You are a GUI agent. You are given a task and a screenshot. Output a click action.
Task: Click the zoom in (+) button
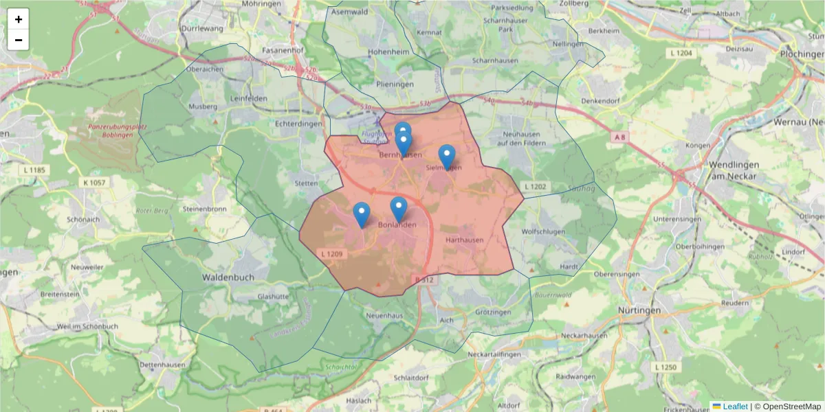[19, 19]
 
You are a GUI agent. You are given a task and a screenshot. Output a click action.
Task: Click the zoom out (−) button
[19, 40]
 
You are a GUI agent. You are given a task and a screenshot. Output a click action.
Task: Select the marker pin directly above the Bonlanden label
[399, 209]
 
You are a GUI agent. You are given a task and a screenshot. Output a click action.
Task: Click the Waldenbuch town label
[228, 277]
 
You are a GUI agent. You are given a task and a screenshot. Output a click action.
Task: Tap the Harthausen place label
[464, 240]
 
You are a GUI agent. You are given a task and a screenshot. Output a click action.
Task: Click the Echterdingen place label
[298, 124]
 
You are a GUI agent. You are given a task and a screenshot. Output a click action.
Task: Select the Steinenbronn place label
[205, 208]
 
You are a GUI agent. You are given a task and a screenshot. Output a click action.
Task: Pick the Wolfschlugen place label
[543, 231]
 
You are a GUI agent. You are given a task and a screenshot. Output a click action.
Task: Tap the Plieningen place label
[395, 84]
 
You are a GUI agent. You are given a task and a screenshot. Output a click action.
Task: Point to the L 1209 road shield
[332, 254]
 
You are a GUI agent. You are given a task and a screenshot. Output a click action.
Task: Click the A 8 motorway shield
[619, 137]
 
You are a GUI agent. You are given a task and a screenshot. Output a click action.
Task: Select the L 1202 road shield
[535, 187]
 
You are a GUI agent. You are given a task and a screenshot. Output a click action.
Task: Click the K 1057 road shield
[93, 183]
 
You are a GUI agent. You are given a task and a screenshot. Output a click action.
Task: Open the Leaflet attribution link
[734, 407]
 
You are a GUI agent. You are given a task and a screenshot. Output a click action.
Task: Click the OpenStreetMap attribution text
[787, 407]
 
